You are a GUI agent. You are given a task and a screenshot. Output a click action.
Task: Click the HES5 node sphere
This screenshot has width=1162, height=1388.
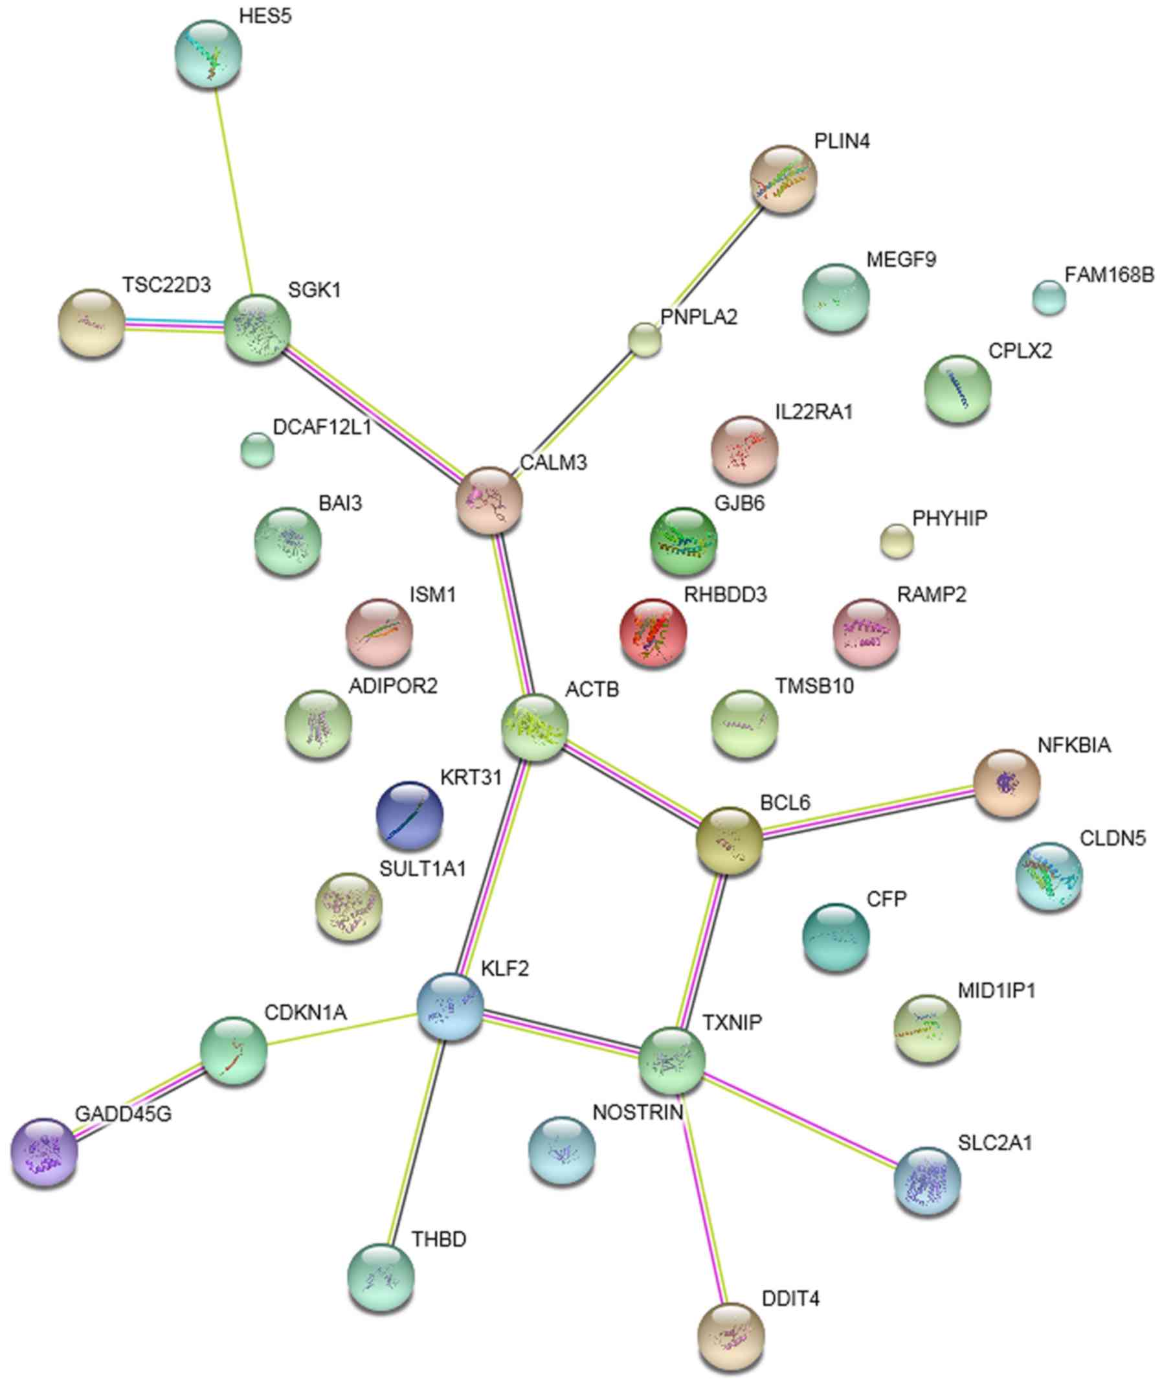[x=208, y=54]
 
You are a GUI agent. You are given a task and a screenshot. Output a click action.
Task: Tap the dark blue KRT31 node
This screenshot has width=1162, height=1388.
[x=409, y=815]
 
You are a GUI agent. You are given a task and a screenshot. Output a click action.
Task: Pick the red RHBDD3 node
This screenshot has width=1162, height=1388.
[x=653, y=632]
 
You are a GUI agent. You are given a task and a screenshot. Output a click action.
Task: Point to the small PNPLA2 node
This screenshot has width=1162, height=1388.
[x=644, y=340]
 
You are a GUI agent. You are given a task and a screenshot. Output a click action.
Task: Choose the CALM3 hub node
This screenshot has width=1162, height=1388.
[x=489, y=499]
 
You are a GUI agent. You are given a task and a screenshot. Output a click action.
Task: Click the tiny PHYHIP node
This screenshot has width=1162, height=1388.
[x=897, y=541]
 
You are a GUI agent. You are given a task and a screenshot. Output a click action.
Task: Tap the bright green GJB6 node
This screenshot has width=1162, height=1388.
[x=684, y=541]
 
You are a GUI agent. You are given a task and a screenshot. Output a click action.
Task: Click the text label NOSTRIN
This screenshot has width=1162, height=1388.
[x=638, y=1112]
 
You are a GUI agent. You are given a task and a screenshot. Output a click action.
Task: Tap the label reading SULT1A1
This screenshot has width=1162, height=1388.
[x=423, y=869]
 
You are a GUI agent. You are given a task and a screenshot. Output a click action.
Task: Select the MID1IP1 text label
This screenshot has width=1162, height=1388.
[x=997, y=990]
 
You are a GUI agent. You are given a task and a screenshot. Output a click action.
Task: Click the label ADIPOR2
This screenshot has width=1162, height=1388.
[x=393, y=685]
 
